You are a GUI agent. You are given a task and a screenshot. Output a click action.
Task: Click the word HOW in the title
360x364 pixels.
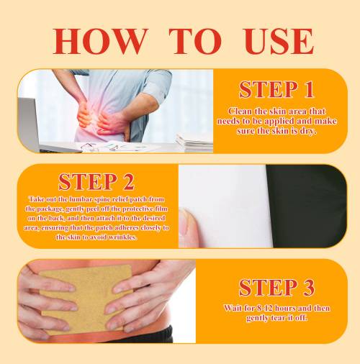pyautogui.click(x=100, y=41)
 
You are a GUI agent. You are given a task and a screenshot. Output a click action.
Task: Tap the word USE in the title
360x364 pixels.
pyautogui.click(x=279, y=41)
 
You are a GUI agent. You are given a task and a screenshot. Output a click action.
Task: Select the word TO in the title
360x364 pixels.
pyautogui.click(x=195, y=41)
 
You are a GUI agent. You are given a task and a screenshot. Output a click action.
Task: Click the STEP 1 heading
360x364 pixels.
pyautogui.click(x=276, y=89)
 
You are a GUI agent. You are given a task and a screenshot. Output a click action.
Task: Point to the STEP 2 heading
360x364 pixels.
pyautogui.click(x=96, y=182)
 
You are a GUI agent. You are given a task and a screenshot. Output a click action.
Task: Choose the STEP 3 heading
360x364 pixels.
pyautogui.click(x=276, y=288)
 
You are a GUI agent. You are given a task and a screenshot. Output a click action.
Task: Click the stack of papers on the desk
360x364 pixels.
pyautogui.click(x=194, y=142)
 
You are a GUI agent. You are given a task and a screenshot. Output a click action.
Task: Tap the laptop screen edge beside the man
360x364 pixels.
pyautogui.click(x=28, y=124)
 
